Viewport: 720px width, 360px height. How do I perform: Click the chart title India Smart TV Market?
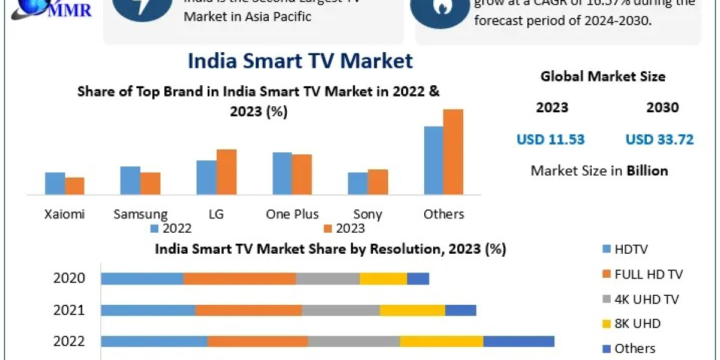coord(300,61)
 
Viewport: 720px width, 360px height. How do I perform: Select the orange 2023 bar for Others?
coord(453,152)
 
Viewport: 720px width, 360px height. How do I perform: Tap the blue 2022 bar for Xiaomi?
coord(55,184)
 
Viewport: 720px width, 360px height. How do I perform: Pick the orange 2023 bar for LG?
coord(226,172)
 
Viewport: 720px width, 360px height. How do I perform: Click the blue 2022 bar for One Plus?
coord(282,173)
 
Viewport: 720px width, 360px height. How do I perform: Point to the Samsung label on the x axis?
coord(140,214)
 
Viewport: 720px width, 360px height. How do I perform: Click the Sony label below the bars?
coord(368,214)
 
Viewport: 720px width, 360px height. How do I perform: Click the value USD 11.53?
coord(550,140)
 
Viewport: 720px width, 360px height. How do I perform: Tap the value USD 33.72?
coord(659,140)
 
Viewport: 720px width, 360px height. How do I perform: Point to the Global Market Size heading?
coord(602,76)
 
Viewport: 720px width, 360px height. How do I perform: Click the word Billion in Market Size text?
coord(647,171)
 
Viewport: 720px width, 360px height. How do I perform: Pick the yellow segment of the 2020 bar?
coord(383,278)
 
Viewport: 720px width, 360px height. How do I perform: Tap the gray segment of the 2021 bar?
coord(341,310)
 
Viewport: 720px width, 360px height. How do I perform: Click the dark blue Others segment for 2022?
coord(518,341)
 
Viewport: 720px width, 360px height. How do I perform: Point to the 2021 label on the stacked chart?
coord(69,310)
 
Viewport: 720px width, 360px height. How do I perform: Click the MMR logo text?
coord(71,10)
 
